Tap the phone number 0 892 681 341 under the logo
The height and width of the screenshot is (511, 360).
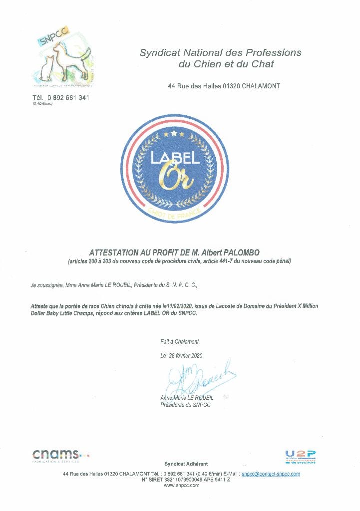(x=68, y=98)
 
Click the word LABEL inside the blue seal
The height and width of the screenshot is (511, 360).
(x=175, y=158)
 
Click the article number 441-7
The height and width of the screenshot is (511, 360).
(x=229, y=261)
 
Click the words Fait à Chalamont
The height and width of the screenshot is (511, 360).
(x=180, y=342)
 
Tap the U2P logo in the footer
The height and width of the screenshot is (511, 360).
(x=301, y=456)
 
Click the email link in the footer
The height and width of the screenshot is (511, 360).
(x=271, y=473)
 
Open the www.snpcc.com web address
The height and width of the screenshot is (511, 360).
(x=181, y=485)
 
